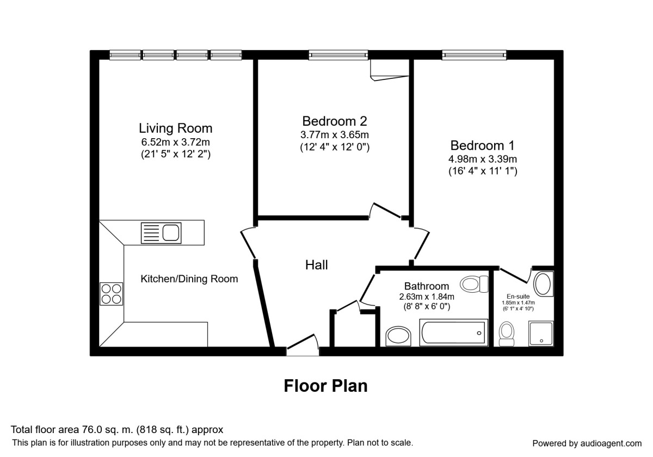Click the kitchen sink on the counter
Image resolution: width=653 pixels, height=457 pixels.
[161, 233]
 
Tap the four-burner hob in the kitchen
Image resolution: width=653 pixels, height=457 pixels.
[112, 294]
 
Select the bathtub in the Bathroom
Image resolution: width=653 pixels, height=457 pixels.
[452, 331]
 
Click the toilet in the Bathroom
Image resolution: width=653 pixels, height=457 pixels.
[472, 283]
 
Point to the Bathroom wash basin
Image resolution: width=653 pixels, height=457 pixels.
[399, 336]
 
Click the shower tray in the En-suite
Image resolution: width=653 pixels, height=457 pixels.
[541, 334]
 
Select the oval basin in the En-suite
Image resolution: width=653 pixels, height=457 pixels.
[543, 284]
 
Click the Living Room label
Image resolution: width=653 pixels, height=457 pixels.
[175, 128]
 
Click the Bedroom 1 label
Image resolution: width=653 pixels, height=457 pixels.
[482, 146]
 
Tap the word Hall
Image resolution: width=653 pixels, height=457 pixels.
[316, 265]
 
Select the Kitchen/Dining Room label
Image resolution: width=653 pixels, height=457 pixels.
[189, 279]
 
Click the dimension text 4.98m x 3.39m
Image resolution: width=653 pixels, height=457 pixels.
[483, 159]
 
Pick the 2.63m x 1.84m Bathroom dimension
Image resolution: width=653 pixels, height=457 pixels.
[427, 297]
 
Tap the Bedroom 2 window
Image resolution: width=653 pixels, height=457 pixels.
[338, 54]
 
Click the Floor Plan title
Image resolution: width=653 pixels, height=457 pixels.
[325, 386]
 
